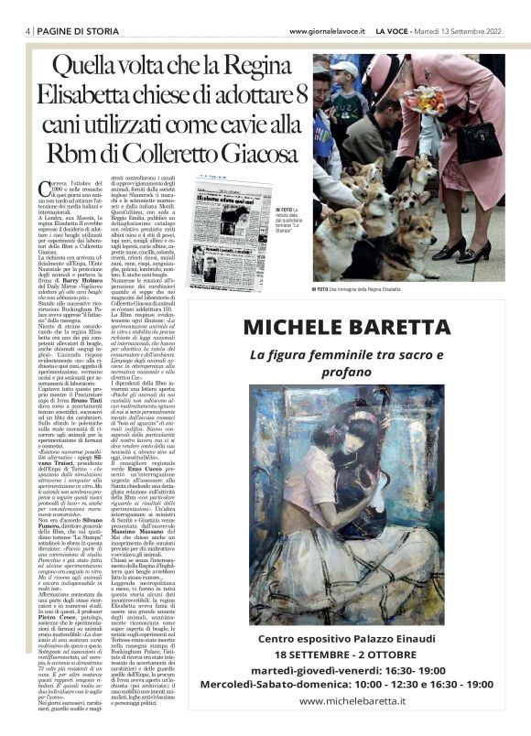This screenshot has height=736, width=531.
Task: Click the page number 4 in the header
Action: pyautogui.click(x=28, y=31)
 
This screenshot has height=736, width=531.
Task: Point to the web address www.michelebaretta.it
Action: pyautogui.click(x=352, y=700)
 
